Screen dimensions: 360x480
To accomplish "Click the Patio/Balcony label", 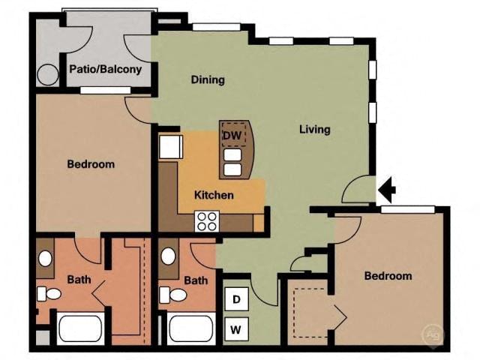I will (106, 70).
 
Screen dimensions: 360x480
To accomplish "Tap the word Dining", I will (208, 80).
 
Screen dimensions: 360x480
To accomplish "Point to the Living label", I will (315, 129).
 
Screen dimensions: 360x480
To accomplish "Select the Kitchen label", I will (214, 195).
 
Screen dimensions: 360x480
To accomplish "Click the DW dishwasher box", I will (231, 135).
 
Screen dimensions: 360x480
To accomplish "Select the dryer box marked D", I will (236, 300).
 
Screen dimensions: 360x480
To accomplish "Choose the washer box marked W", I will (236, 328).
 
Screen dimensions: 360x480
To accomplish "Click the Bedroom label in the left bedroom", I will (91, 164).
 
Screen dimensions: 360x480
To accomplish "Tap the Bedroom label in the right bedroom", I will (388, 276).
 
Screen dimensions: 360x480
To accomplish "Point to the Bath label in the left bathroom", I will (79, 280).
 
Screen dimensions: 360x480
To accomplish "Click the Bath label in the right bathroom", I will (196, 281).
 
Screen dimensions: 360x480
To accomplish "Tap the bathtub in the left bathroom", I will (79, 329).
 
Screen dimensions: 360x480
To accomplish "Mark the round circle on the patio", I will (48, 75).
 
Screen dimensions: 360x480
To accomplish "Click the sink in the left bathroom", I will (45, 259).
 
